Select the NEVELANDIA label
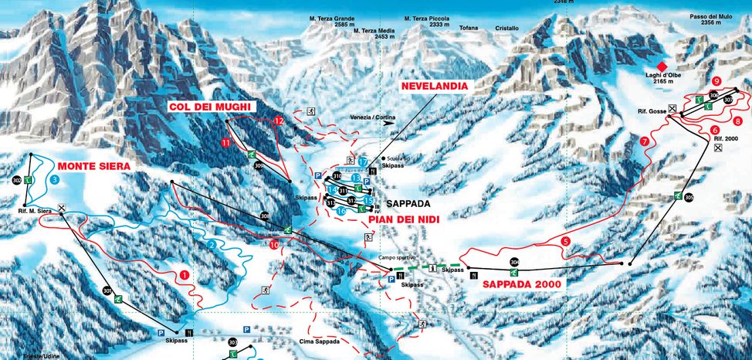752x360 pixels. [x=434, y=87]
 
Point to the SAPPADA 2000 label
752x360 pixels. [x=523, y=284]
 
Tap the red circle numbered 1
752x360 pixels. [x=185, y=273]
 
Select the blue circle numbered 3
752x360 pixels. [x=54, y=179]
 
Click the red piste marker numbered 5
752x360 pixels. [x=566, y=242]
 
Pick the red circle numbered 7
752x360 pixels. [x=645, y=141]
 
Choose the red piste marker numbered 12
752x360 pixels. [x=279, y=121]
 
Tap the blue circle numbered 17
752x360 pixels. [x=362, y=161]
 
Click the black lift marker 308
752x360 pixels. [x=265, y=216]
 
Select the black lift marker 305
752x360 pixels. [x=688, y=198]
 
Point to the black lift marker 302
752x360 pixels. [x=17, y=180]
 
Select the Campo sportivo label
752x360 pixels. [x=392, y=257]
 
